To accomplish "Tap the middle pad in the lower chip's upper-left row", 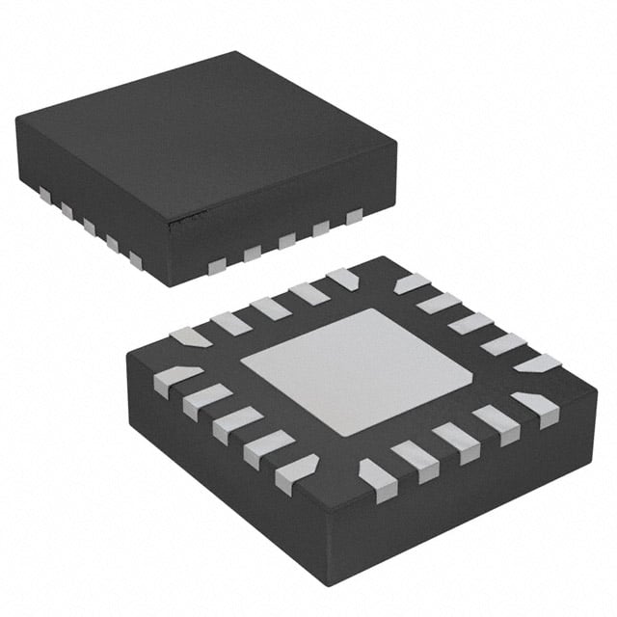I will click(x=271, y=308).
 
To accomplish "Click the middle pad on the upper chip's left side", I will click(x=89, y=225).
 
